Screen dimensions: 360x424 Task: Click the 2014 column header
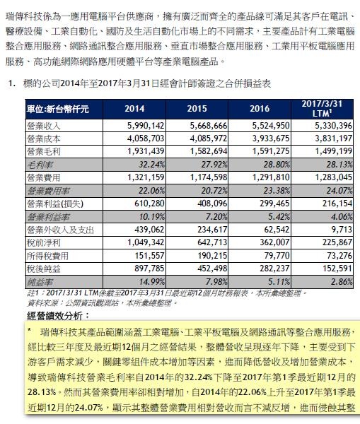[134, 109]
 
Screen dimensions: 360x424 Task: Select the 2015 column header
[197, 109]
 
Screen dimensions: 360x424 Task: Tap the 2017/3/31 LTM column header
[322, 108]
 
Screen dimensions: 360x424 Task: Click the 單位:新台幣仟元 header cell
[58, 110]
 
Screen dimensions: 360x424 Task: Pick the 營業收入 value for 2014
[146, 126]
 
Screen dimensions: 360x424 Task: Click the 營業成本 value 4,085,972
[209, 139]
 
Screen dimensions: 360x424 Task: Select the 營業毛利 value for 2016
[271, 151]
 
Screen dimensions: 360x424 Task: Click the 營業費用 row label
[43, 178]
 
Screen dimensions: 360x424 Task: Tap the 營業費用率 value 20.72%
[214, 191]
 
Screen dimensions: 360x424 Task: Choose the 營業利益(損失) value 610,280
[149, 204]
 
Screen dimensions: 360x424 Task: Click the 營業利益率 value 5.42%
[279, 217]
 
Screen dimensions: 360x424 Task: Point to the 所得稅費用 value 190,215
[212, 256]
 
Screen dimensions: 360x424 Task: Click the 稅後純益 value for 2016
[274, 269]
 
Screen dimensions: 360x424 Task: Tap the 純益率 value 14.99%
[151, 282]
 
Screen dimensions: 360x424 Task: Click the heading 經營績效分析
[58, 316]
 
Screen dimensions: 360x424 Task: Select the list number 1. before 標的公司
[11, 83]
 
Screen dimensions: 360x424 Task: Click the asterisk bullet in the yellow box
[29, 329]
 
